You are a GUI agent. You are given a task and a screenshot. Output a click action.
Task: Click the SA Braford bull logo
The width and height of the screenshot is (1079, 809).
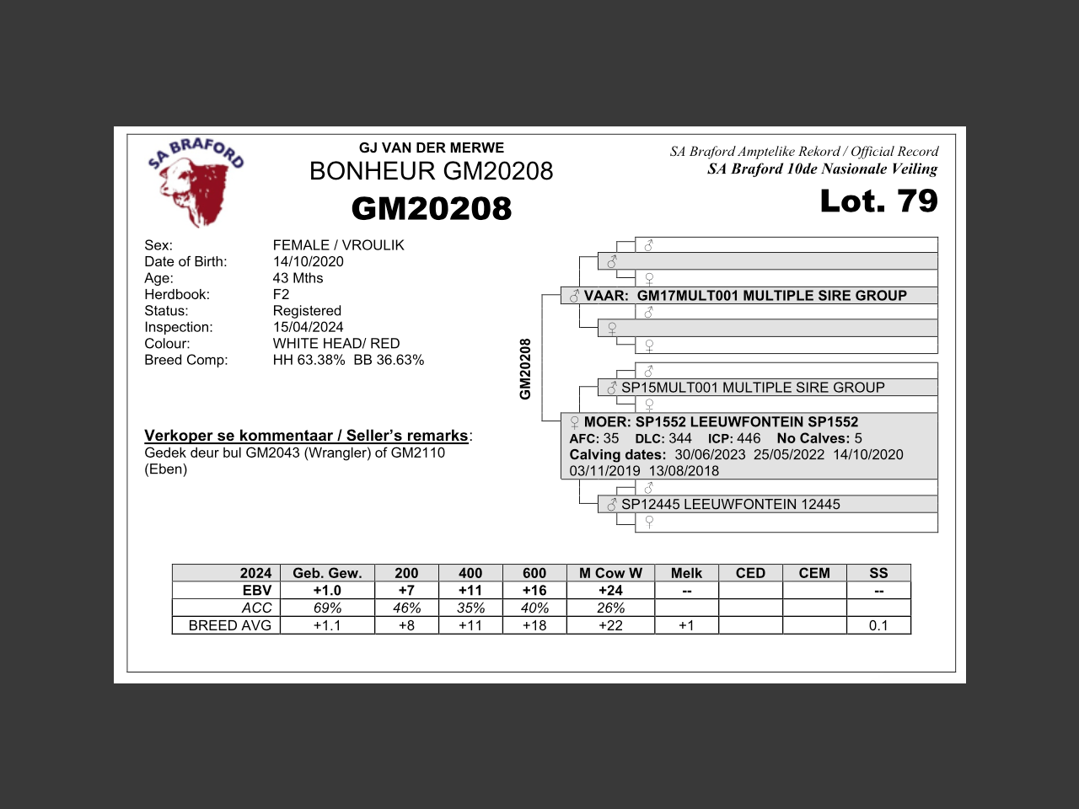tap(196, 183)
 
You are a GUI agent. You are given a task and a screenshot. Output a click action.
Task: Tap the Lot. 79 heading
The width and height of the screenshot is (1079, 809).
tap(878, 201)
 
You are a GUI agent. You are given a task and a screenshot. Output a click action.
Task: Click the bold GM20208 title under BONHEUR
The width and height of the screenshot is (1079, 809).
tap(431, 208)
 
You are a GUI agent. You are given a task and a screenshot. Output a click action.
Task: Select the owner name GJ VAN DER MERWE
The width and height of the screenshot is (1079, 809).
tap(431, 147)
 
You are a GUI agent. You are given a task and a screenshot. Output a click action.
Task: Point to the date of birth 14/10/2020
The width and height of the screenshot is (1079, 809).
tap(308, 261)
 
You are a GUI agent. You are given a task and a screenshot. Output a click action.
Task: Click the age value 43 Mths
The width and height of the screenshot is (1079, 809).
tap(298, 278)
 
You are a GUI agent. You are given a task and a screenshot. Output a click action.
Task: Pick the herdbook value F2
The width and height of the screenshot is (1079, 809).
tap(281, 294)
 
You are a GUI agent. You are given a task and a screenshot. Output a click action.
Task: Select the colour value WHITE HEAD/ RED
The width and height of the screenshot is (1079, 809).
tap(336, 343)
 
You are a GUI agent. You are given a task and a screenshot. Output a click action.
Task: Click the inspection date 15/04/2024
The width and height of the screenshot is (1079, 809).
tap(308, 327)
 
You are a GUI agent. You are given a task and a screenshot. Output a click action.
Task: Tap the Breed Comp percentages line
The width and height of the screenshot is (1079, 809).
tap(348, 360)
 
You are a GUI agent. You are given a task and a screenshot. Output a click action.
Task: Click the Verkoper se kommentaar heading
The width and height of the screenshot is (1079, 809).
tap(306, 436)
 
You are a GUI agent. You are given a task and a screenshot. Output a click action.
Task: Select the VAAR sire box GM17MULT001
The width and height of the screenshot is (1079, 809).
tap(749, 296)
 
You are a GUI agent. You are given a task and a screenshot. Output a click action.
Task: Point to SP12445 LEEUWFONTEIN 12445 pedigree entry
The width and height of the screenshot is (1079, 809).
tap(730, 504)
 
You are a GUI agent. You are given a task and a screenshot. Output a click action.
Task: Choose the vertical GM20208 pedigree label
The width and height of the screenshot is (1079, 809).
tap(525, 369)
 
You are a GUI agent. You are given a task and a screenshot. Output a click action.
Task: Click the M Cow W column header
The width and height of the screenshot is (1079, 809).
tap(610, 573)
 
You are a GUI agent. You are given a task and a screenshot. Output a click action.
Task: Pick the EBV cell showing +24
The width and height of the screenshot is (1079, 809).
tap(610, 591)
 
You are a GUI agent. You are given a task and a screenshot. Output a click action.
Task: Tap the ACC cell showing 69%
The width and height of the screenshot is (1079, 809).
tap(327, 608)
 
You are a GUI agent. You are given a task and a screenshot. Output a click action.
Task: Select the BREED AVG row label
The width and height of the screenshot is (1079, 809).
tap(229, 625)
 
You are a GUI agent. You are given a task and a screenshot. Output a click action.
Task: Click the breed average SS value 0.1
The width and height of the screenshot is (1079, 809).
tap(878, 625)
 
